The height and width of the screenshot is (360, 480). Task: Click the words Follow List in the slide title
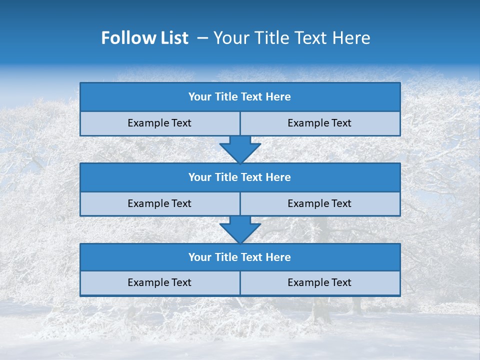(x=145, y=38)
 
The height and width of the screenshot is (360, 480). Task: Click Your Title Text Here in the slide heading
(x=291, y=38)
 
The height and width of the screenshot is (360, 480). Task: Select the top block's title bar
(x=240, y=97)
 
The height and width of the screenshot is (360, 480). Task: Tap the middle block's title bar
(x=240, y=177)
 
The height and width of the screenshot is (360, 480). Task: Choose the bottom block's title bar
(x=240, y=257)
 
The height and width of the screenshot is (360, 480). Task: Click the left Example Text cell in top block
(x=159, y=123)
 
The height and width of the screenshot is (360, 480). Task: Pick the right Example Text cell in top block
(x=319, y=123)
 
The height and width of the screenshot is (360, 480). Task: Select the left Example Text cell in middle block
(x=159, y=203)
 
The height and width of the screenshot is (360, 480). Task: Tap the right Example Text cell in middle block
(x=319, y=203)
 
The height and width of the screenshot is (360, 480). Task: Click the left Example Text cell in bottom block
(x=159, y=282)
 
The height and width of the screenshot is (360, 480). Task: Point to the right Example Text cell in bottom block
(x=319, y=282)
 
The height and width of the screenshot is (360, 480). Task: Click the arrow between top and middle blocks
(x=240, y=149)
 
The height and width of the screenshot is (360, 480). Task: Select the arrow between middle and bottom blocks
(x=240, y=229)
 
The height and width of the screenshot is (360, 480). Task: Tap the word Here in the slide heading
(x=353, y=38)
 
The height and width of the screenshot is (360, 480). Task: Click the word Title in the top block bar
(x=226, y=97)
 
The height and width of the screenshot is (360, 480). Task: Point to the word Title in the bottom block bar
(x=226, y=257)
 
